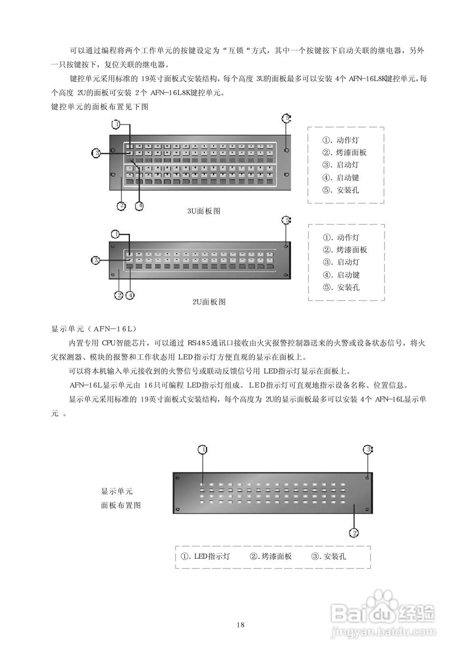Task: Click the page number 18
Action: (240, 625)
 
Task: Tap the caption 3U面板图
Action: (204, 211)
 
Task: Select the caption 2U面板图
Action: (208, 302)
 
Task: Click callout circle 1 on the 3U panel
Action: (117, 124)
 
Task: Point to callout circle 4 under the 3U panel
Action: (139, 206)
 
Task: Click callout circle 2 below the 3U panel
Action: (121, 206)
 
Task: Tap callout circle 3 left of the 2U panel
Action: (96, 261)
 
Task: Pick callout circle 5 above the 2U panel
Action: (286, 221)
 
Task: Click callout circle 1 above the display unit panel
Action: (203, 449)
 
